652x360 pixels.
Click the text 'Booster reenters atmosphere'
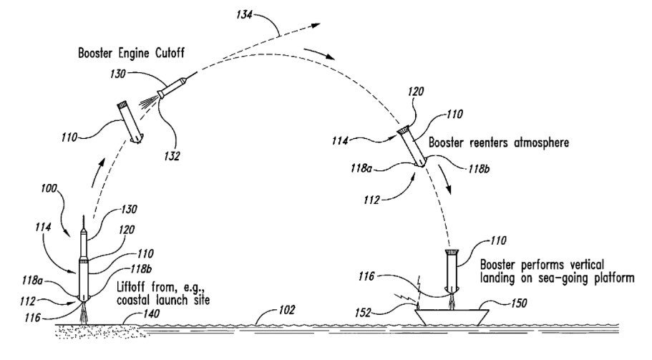(499, 142)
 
